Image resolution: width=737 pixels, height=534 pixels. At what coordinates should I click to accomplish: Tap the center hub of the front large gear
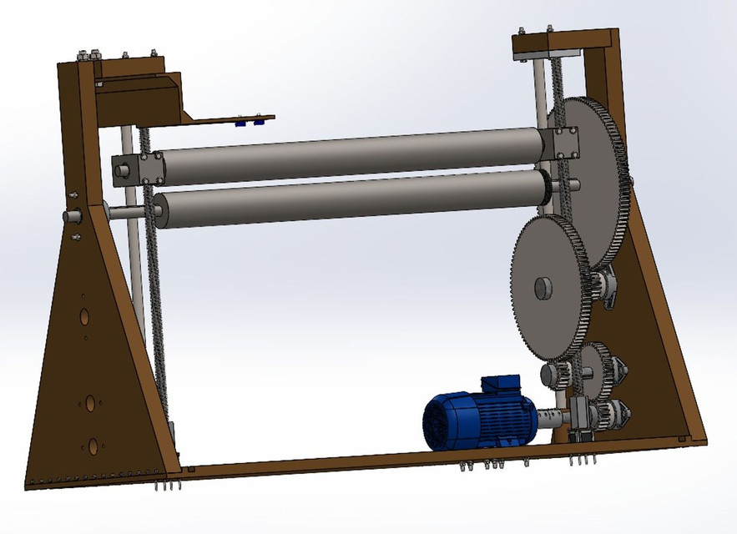[543, 288]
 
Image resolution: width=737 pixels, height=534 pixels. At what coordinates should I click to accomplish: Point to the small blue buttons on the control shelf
[250, 122]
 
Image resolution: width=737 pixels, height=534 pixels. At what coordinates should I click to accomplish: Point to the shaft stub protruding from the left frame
[71, 216]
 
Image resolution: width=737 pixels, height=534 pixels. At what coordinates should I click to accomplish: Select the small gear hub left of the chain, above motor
[552, 373]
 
